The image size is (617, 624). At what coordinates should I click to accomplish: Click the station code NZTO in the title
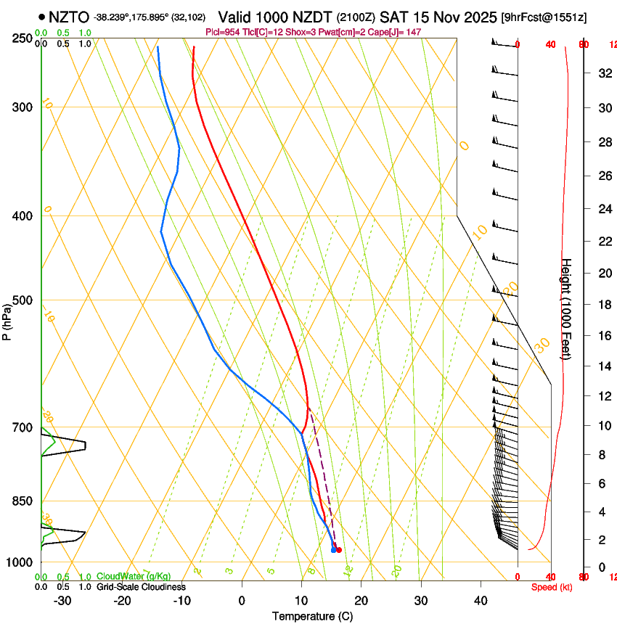point(70,17)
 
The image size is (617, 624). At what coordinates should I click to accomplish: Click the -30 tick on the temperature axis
point(62,600)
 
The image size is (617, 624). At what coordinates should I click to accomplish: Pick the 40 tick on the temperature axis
point(481,600)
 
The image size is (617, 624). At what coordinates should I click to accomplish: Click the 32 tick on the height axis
point(602,73)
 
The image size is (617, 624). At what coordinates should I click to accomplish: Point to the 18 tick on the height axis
point(602,305)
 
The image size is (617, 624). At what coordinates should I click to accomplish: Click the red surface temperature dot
point(339,550)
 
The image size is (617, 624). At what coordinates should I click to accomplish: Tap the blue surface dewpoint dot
point(333,550)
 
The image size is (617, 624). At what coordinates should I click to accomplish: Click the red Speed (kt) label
point(552,587)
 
